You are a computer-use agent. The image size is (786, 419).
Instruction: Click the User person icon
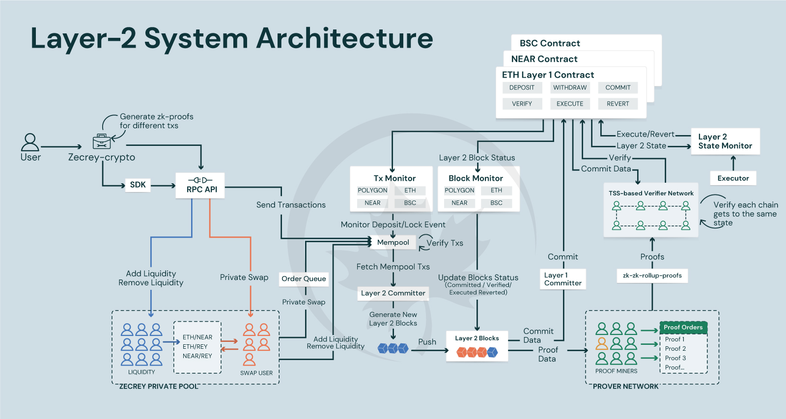click(x=30, y=142)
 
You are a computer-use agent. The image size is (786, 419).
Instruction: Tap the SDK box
click(x=138, y=185)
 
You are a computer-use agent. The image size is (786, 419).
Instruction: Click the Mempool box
click(x=393, y=242)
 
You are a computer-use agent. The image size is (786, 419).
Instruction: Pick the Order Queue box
click(x=304, y=279)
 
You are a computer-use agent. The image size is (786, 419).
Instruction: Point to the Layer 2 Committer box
click(x=393, y=293)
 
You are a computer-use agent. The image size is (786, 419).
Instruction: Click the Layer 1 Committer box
click(x=562, y=279)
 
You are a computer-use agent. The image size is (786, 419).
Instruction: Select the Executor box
click(x=733, y=178)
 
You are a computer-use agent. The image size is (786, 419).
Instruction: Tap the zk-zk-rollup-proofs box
click(x=652, y=276)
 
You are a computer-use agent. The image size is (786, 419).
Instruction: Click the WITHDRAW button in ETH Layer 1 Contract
click(x=570, y=87)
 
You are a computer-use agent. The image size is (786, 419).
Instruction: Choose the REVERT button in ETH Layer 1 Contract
click(x=618, y=104)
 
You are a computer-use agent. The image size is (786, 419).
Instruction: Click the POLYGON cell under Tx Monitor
click(x=372, y=190)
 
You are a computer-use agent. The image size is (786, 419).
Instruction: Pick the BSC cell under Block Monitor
click(x=496, y=203)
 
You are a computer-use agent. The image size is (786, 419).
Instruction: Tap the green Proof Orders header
click(x=683, y=327)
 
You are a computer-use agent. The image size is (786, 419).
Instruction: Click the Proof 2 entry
click(x=675, y=348)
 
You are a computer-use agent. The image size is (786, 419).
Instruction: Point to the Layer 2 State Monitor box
click(x=725, y=141)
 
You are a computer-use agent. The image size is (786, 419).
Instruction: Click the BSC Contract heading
click(x=550, y=43)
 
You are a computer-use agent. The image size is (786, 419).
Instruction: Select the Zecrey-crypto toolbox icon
click(x=101, y=142)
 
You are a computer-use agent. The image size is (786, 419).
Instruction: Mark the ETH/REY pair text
click(x=195, y=346)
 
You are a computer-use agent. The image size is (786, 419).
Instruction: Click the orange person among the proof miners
click(x=602, y=343)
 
